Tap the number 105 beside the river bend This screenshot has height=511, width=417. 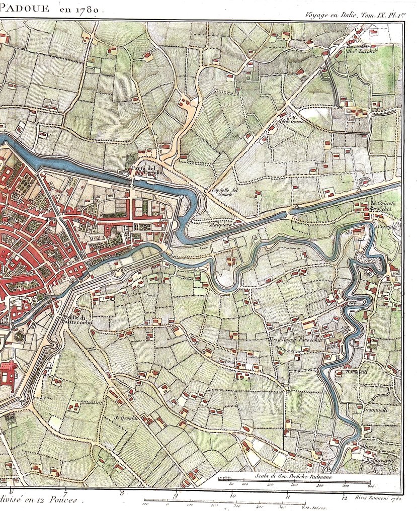point(348,233)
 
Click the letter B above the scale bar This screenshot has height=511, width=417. point(328,469)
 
